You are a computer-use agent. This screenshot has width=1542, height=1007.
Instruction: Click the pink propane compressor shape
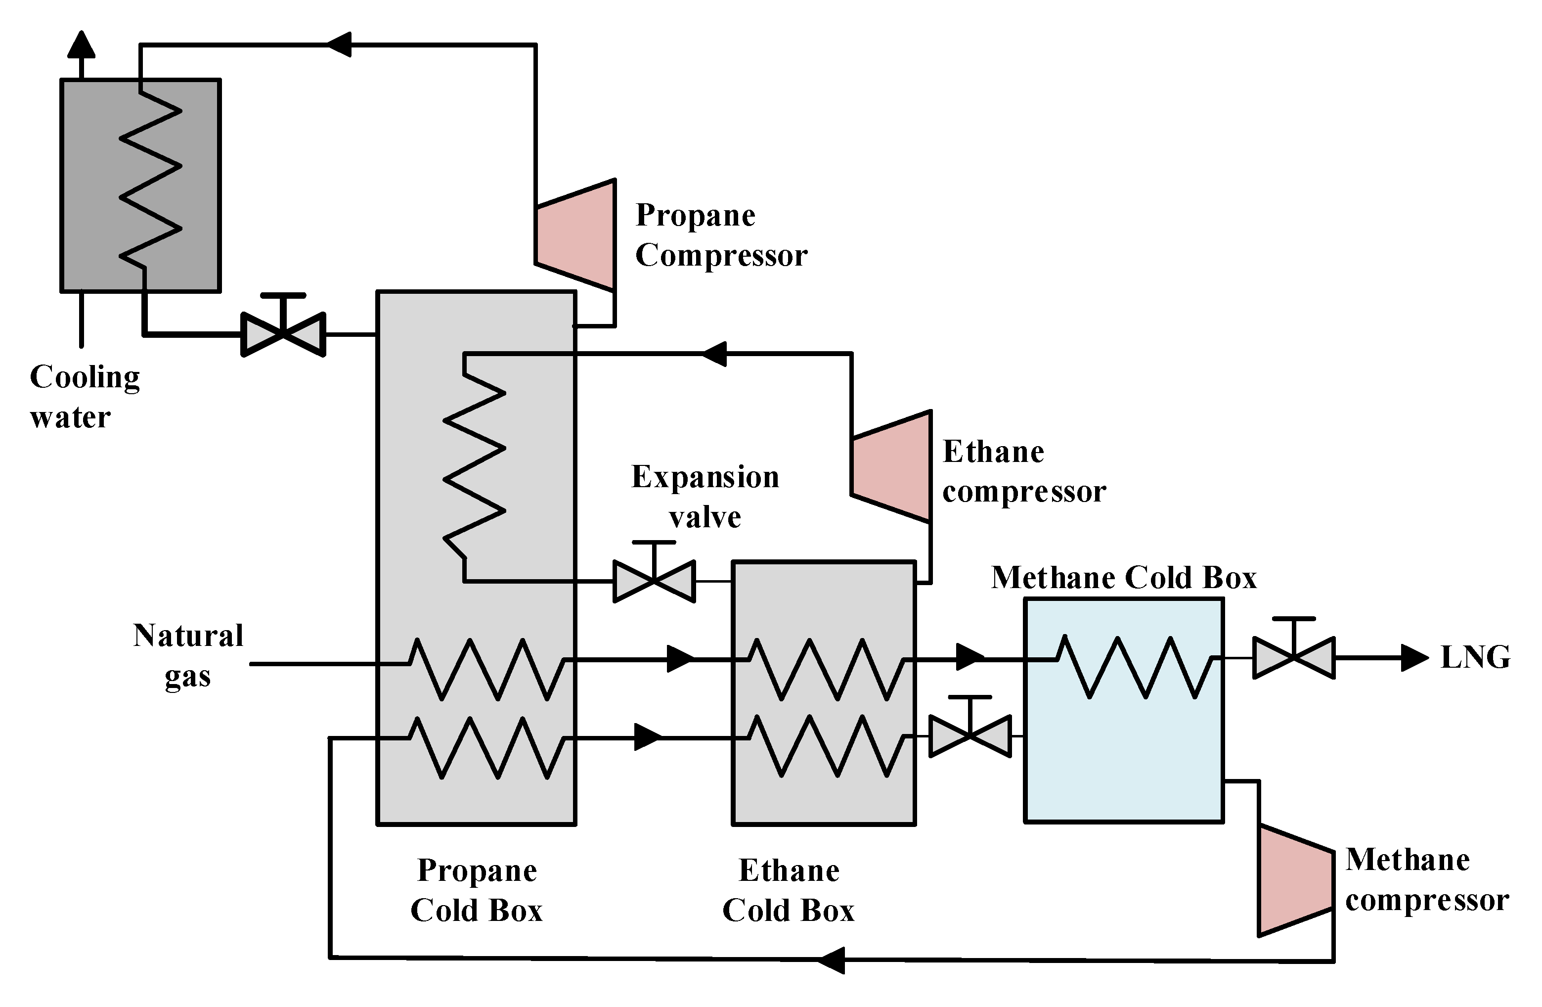point(575,234)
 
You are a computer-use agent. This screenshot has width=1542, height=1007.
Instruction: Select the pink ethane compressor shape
point(891,466)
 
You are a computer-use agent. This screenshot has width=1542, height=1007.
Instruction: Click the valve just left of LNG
point(1294,658)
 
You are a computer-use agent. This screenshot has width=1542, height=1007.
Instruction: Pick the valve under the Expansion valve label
point(655,581)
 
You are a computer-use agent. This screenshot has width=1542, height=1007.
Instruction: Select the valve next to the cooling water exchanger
point(283,334)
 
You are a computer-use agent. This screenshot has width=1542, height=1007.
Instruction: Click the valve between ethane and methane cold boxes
point(970,736)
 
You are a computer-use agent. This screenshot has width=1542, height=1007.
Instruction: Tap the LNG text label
point(1475,657)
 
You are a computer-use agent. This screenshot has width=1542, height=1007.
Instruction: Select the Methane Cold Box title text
point(1123,577)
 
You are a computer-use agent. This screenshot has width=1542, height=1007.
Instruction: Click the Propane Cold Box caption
point(477,890)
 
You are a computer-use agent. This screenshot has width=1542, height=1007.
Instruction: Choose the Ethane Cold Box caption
point(789,890)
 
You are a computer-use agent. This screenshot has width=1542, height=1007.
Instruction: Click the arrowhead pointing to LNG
point(1414,658)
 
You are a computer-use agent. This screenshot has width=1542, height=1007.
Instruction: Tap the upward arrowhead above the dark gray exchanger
point(82,46)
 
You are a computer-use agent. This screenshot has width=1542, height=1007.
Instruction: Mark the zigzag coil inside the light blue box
point(1134,667)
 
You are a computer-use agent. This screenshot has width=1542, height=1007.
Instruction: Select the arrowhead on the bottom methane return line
point(832,960)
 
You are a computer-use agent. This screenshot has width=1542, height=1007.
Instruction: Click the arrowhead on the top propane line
point(338,44)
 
